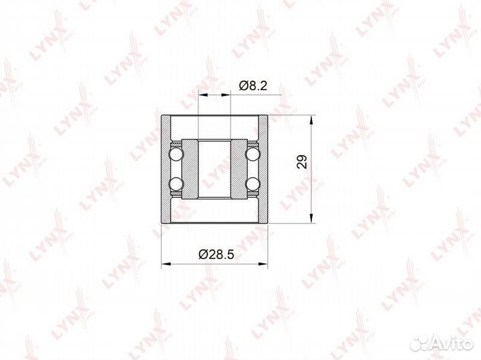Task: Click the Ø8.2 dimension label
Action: click(253, 86)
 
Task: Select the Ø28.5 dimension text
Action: click(216, 254)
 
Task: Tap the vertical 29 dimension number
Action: click(302, 161)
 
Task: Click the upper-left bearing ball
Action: click(176, 154)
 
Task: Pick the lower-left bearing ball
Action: click(176, 184)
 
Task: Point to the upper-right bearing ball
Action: click(253, 154)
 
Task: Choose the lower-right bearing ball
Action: click(253, 184)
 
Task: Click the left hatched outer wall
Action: click(166, 169)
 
